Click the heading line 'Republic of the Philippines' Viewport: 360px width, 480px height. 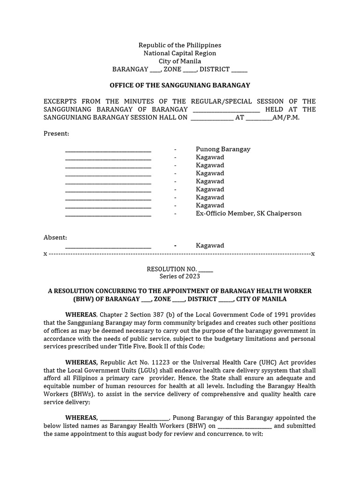180,45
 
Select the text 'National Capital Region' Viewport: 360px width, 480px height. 180,53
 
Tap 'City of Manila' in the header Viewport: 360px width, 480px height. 180,61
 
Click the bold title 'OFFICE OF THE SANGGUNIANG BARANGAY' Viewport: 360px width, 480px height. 180,85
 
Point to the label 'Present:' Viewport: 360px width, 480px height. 56,134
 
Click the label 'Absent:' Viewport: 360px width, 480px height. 55,238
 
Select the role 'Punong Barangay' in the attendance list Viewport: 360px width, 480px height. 223,149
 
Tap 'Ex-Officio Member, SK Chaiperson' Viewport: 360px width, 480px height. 248,213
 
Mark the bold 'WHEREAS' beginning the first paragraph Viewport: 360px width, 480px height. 81,315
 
